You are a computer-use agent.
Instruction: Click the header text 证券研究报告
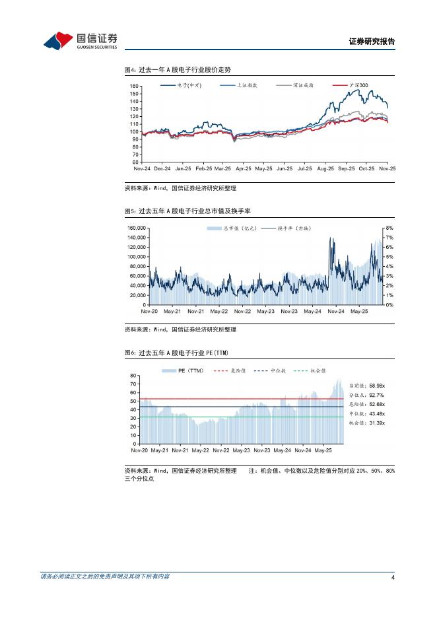point(371,42)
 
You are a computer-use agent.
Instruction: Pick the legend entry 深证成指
point(304,86)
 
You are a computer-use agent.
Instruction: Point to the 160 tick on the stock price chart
point(135,86)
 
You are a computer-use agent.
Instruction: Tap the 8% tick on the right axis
point(389,228)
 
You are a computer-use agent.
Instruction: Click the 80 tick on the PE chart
point(134,375)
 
